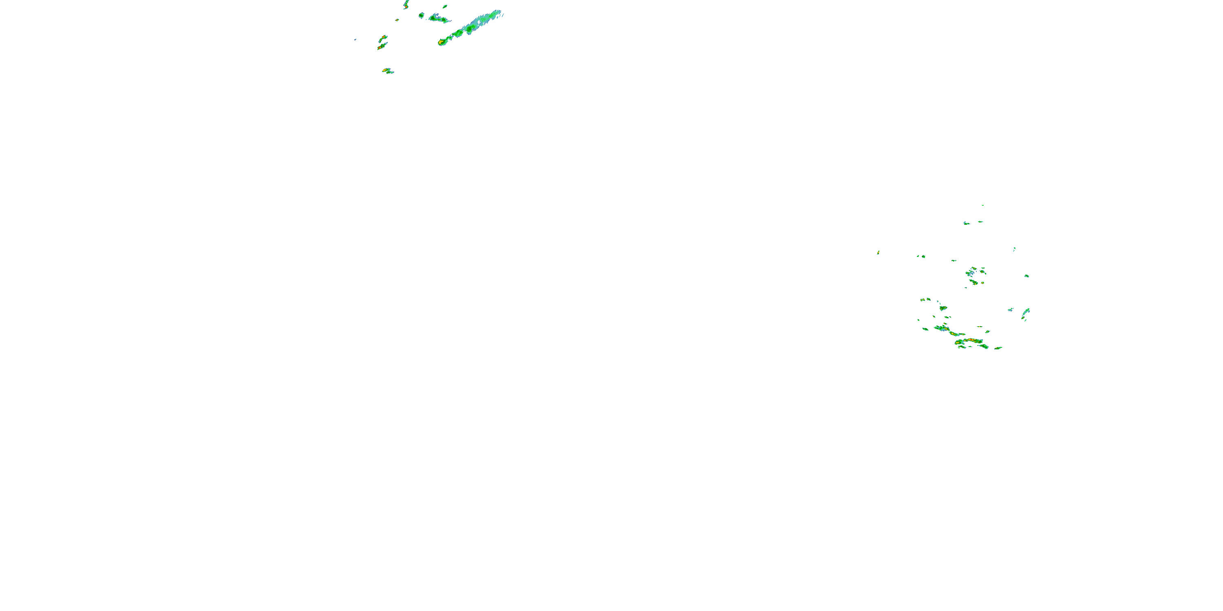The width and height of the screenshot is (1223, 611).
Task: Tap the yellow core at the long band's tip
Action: [441, 42]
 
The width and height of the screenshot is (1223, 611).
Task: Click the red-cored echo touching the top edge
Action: [406, 5]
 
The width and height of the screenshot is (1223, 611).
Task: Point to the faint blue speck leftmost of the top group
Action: [355, 40]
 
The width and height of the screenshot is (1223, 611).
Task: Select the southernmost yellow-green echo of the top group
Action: [386, 71]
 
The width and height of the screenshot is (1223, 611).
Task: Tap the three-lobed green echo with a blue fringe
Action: [439, 19]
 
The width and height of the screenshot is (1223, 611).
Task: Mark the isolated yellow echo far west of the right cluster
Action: [878, 253]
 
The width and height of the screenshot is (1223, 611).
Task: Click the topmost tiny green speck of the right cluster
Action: [982, 205]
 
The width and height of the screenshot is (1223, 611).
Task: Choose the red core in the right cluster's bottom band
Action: [973, 341]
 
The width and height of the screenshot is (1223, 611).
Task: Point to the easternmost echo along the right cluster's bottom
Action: [998, 348]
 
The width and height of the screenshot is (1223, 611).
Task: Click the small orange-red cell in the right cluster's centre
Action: [973, 282]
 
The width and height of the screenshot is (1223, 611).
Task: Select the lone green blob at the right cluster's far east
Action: [1027, 276]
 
